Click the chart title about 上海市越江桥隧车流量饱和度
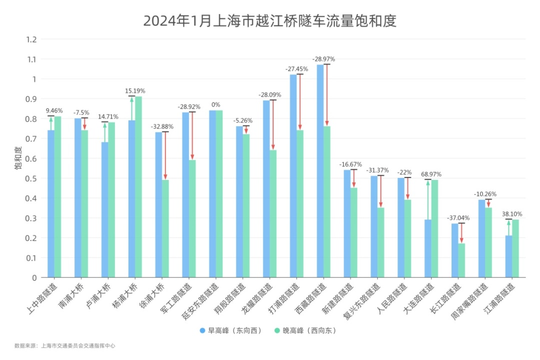[269, 21]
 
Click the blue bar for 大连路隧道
[428, 248]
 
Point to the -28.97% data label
[323, 59]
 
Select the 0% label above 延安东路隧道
[215, 104]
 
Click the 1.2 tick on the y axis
[32, 39]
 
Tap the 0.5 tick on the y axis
[32, 178]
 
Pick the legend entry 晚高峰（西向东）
[305, 330]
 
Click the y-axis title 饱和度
[18, 158]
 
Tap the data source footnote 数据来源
[65, 345]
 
